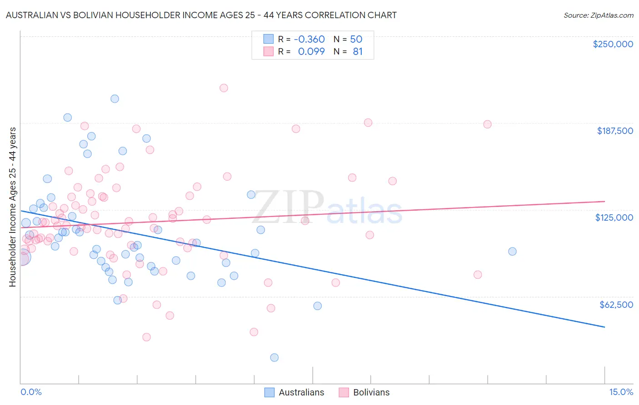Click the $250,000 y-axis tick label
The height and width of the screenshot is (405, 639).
pyautogui.click(x=613, y=44)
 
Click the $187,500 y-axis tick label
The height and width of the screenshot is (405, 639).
pyautogui.click(x=614, y=131)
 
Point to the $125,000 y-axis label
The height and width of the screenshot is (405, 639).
pyautogui.click(x=614, y=218)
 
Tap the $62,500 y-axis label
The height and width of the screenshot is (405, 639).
pyautogui.click(x=616, y=305)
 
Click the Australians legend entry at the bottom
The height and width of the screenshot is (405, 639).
pyautogui.click(x=301, y=393)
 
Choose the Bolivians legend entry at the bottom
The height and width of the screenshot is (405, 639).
pyautogui.click(x=371, y=393)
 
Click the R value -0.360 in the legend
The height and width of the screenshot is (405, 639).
pyautogui.click(x=309, y=40)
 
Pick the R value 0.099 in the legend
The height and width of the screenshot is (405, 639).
pyautogui.click(x=311, y=52)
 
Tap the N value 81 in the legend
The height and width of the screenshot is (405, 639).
pyautogui.click(x=358, y=52)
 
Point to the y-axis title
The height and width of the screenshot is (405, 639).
pyautogui.click(x=13, y=207)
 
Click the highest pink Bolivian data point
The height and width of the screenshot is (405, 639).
pyautogui.click(x=224, y=88)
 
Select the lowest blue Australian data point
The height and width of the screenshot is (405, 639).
pyautogui.click(x=274, y=358)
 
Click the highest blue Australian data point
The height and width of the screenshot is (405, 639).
pyautogui.click(x=115, y=99)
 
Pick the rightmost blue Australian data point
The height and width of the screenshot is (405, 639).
pyautogui.click(x=512, y=252)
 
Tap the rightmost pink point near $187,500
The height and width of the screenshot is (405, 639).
pyautogui.click(x=487, y=124)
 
